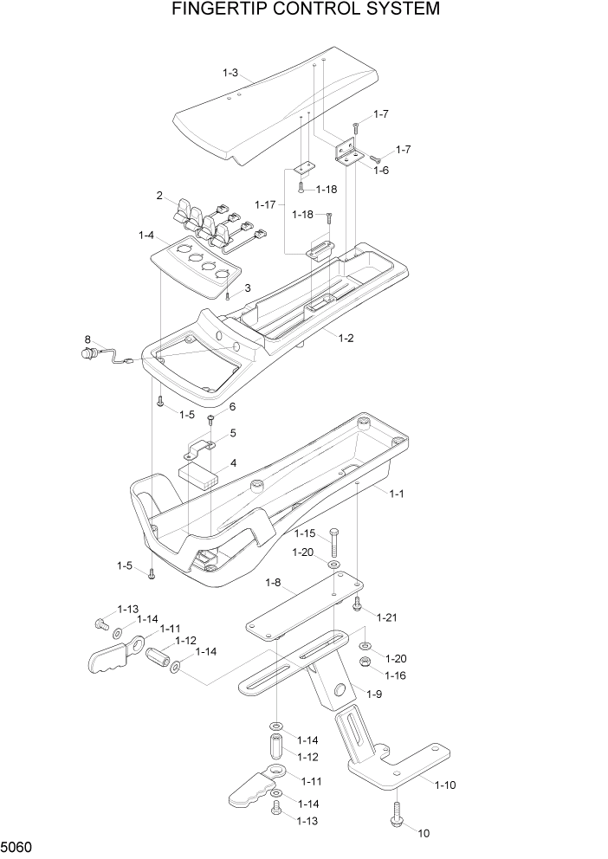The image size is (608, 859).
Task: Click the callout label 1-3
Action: [230, 73]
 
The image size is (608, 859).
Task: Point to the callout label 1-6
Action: [381, 171]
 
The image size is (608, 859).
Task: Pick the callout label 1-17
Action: [265, 204]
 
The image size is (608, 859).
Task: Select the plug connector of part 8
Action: [87, 354]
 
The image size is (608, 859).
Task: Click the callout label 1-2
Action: [346, 338]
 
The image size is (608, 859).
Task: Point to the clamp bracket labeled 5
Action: [198, 451]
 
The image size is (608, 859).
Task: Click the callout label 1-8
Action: [273, 583]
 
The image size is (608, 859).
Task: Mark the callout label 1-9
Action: [375, 694]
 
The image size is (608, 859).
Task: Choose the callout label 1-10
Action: [444, 785]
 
